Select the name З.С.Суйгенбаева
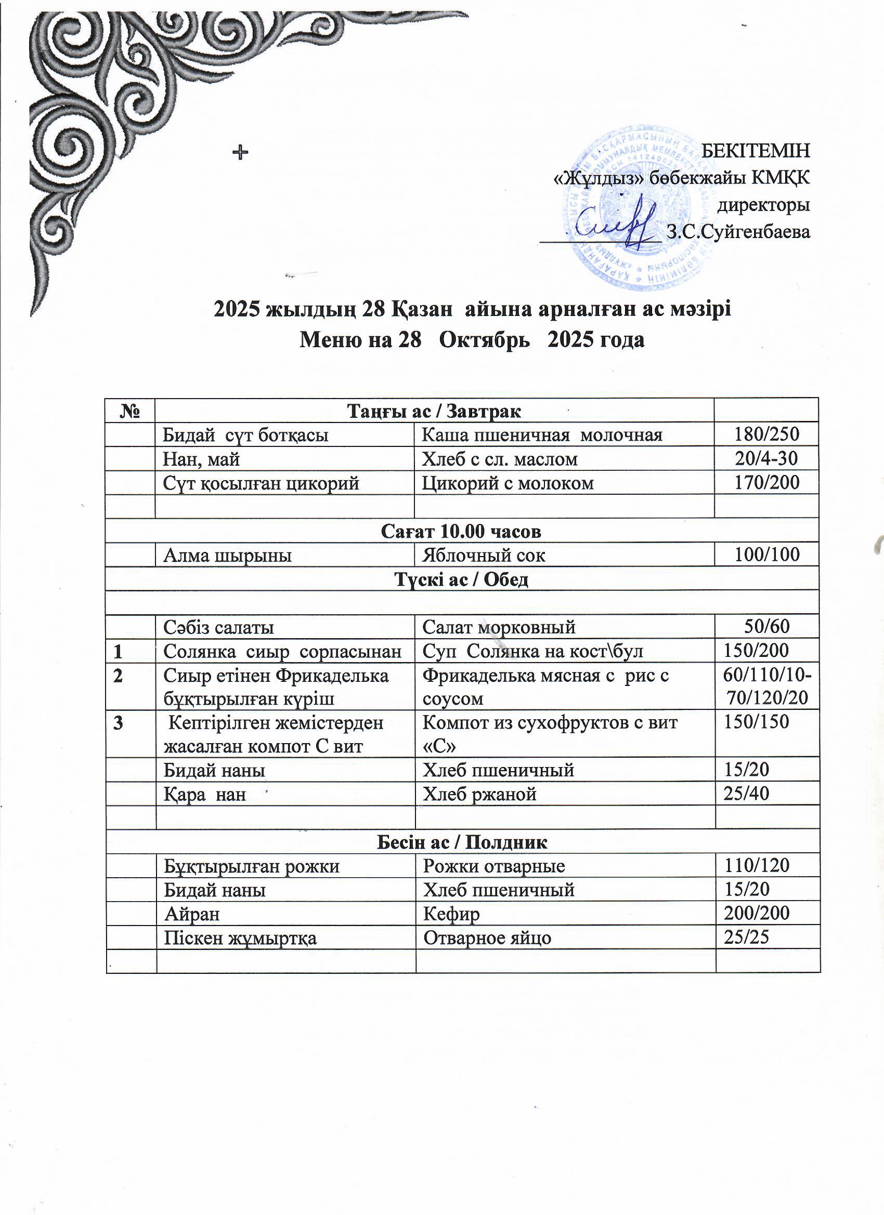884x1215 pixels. click(738, 232)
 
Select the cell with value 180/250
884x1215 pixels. click(766, 434)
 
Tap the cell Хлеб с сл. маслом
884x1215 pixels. click(500, 459)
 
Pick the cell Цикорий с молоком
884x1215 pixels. click(508, 483)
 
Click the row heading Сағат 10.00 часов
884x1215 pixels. click(461, 531)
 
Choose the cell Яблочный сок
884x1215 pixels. click(484, 555)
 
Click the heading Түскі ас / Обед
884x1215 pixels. click(461, 579)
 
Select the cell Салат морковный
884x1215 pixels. click(499, 626)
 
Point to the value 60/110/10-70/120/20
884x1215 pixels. click(766, 687)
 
